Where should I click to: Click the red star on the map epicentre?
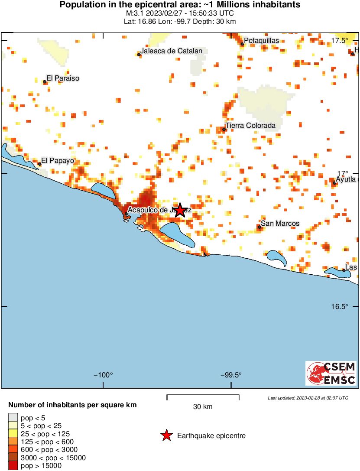pos(180,210)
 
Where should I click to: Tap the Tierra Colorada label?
pos(250,126)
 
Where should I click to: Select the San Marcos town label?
pos(280,224)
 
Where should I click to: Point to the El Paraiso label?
pos(63,78)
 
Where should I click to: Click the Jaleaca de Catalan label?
pos(171,51)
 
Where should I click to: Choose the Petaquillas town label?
pos(262,41)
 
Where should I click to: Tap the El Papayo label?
pos(58,160)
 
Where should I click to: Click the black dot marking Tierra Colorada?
pos(224,129)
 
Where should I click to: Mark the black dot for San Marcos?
pos(259,227)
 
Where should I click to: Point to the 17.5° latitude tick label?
pos(340,41)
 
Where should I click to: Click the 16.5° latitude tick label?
pos(340,306)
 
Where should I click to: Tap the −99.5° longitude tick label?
pos(230,375)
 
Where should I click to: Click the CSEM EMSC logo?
pos(331,373)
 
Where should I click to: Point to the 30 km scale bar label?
pos(203,407)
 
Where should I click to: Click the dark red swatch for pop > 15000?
pos(13,466)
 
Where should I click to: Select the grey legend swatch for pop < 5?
pos(13,418)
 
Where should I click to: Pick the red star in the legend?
pos(166,436)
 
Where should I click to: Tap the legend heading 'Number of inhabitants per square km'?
pos(73,406)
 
